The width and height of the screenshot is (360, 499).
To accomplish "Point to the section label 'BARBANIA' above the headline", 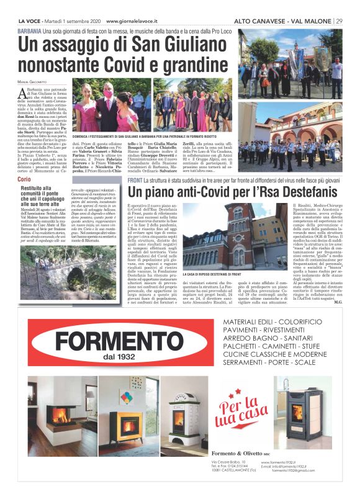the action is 30,30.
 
